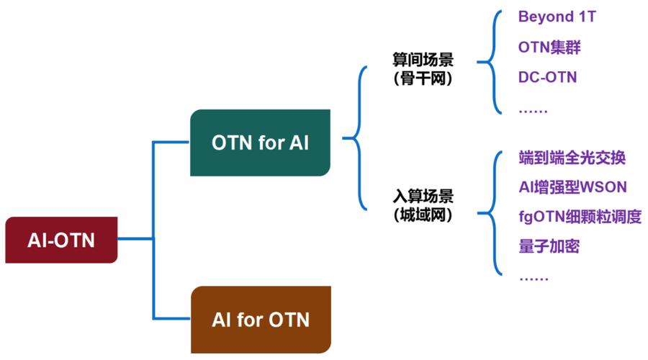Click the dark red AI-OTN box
tap(61, 239)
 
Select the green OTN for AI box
tap(260, 143)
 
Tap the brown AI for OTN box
tap(261, 319)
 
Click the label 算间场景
tap(423, 60)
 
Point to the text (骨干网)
tap(423, 79)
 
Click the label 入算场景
tap(423, 196)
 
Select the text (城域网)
tap(423, 215)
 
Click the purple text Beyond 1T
tap(556, 17)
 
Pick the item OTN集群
tap(549, 48)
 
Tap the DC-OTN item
tap(547, 78)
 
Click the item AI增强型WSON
tap(572, 187)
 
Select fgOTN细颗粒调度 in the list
tap(580, 217)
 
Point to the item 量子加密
tap(549, 247)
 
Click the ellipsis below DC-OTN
tap(533, 109)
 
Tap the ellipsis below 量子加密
tap(533, 277)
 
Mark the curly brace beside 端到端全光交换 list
tap(495, 213)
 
